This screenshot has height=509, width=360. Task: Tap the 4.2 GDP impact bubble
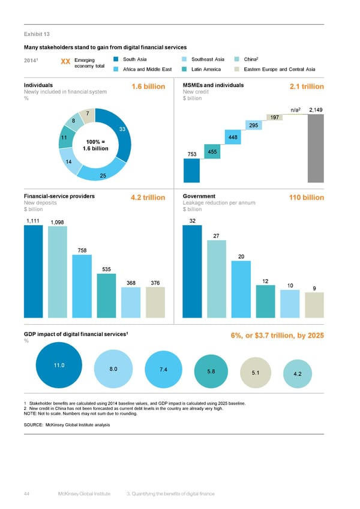tap(298, 373)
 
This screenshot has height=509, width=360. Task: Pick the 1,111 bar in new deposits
tap(33, 271)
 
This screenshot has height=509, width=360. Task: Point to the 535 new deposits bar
tap(106, 295)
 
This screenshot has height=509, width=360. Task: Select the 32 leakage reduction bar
tap(191, 271)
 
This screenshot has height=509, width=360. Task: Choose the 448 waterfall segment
tap(233, 137)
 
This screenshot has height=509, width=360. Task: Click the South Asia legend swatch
tap(115, 59)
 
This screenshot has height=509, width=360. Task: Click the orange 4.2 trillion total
tap(148, 197)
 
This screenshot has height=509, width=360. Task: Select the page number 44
tap(27, 493)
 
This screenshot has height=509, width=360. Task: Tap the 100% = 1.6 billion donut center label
tap(94, 144)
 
